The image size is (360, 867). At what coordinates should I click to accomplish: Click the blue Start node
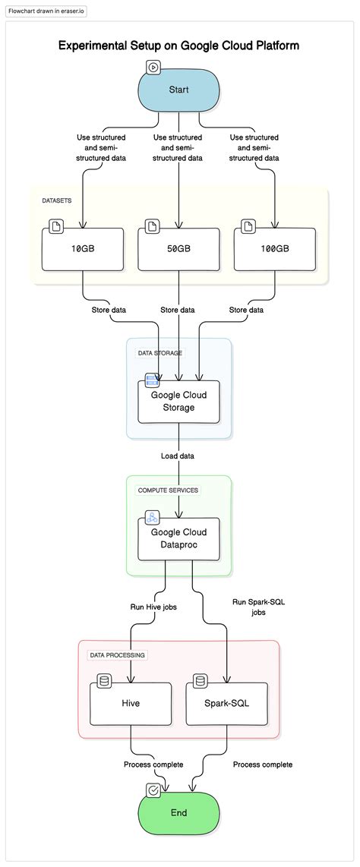(178, 90)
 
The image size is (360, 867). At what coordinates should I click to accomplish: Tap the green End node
(178, 812)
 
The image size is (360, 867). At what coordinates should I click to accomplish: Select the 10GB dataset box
(82, 249)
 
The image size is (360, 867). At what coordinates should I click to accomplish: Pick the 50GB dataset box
(178, 249)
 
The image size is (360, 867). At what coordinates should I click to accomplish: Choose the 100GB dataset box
(274, 249)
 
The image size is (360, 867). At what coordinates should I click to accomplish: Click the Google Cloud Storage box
(178, 402)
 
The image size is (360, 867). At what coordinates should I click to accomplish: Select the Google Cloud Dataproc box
(178, 539)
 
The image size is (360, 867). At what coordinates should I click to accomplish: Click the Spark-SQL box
(226, 702)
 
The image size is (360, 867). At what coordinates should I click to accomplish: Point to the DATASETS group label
(58, 201)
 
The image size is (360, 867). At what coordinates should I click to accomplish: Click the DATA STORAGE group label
(159, 353)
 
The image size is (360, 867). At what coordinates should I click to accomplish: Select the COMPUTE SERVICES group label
(168, 490)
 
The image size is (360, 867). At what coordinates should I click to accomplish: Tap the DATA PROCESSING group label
(118, 654)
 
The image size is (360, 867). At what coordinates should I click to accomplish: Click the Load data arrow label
(178, 456)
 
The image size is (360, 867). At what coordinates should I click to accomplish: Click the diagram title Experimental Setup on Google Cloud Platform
(179, 46)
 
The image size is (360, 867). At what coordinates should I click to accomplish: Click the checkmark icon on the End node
(153, 790)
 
